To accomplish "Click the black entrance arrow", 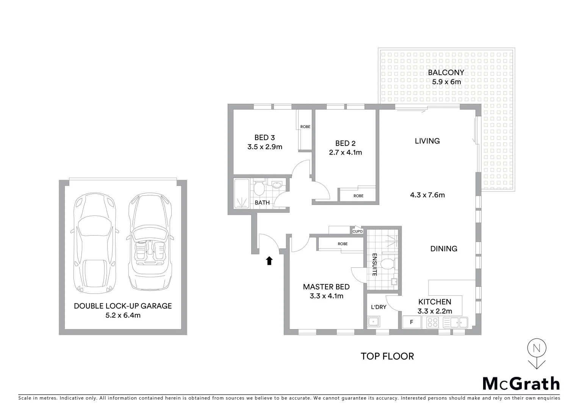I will coord(269,261).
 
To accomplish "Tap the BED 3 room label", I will coord(264,137).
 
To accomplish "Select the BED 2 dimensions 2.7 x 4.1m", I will coord(345,153).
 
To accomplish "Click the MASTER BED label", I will coord(326,287).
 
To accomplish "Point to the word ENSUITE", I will coord(374,264).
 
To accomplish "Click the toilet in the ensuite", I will coord(387,264).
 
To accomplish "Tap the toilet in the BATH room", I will coord(259,188).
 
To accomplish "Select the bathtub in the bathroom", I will coord(241,194).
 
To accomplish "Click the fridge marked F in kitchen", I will coord(412,323).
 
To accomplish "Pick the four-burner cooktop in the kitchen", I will coord(432,323).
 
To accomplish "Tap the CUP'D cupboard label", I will coord(357,231).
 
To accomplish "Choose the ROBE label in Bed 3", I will coord(305,126).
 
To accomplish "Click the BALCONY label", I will coord(446,73).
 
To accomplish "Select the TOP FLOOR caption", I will coord(387,356).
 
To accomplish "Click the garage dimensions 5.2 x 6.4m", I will coord(123,315).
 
